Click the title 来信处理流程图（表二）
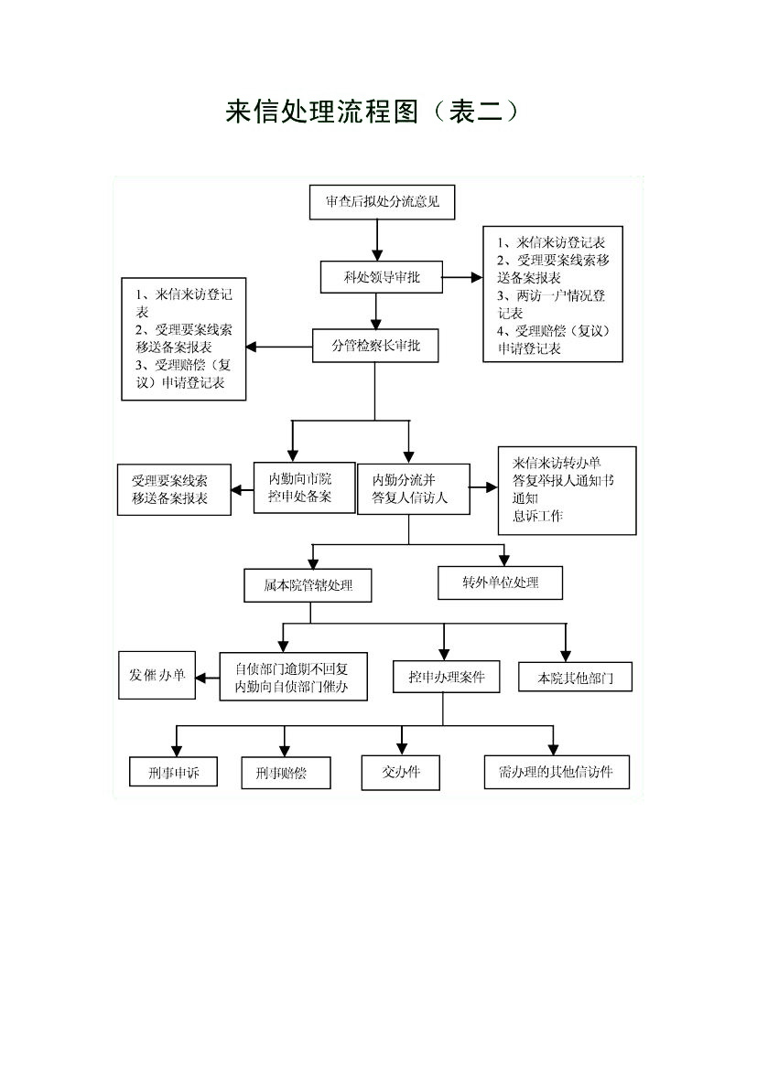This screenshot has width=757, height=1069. pos(372,112)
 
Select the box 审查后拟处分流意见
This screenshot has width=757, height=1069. pos(383,202)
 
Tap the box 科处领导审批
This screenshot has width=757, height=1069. pos(382,277)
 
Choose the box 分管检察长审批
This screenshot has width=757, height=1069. pos(375,346)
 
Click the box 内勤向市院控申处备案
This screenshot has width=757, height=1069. pos(299,487)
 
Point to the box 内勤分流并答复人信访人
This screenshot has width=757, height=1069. pos(414,489)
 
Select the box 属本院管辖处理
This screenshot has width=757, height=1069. pos(308,585)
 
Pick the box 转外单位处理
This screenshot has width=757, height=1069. pos(501,583)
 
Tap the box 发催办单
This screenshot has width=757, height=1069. pos(157,675)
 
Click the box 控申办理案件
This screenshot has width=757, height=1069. pos(447,677)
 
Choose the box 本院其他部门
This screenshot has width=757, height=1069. pos(576,678)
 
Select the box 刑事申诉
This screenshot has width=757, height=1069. pos(173,773)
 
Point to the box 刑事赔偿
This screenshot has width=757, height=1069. pos(286,773)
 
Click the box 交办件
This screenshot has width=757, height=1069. pos(401,773)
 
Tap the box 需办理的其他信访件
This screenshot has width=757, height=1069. pos(557,773)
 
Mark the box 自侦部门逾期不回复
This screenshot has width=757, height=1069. pos(294,677)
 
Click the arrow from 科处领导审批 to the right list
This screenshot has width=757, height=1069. pos(463,277)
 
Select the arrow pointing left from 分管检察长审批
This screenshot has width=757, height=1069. pos(279,347)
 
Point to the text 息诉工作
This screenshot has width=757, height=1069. pos(538,516)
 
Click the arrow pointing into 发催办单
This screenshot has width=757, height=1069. pos(208,677)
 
